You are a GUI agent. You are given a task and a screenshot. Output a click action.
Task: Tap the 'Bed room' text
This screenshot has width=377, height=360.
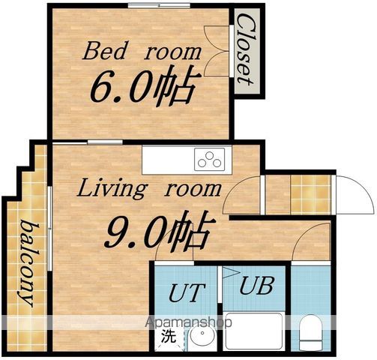[142, 52]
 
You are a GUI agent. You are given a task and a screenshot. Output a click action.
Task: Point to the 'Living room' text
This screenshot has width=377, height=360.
[149, 190]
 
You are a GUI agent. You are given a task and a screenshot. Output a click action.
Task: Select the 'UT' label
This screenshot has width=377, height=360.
[187, 292]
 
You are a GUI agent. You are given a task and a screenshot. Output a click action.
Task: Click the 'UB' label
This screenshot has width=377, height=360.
[256, 285]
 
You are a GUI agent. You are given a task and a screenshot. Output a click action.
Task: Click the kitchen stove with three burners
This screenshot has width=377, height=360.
[209, 160]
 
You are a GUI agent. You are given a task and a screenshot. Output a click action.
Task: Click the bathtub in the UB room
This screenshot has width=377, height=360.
[254, 331]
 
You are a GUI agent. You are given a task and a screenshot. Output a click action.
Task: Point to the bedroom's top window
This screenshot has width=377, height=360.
[159, 5]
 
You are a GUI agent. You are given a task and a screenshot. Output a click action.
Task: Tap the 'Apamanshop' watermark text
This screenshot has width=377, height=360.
[189, 322]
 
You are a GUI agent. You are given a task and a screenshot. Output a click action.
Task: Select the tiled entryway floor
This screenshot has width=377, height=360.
[311, 194]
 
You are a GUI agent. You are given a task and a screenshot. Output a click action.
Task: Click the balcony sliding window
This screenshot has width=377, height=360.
[49, 229]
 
